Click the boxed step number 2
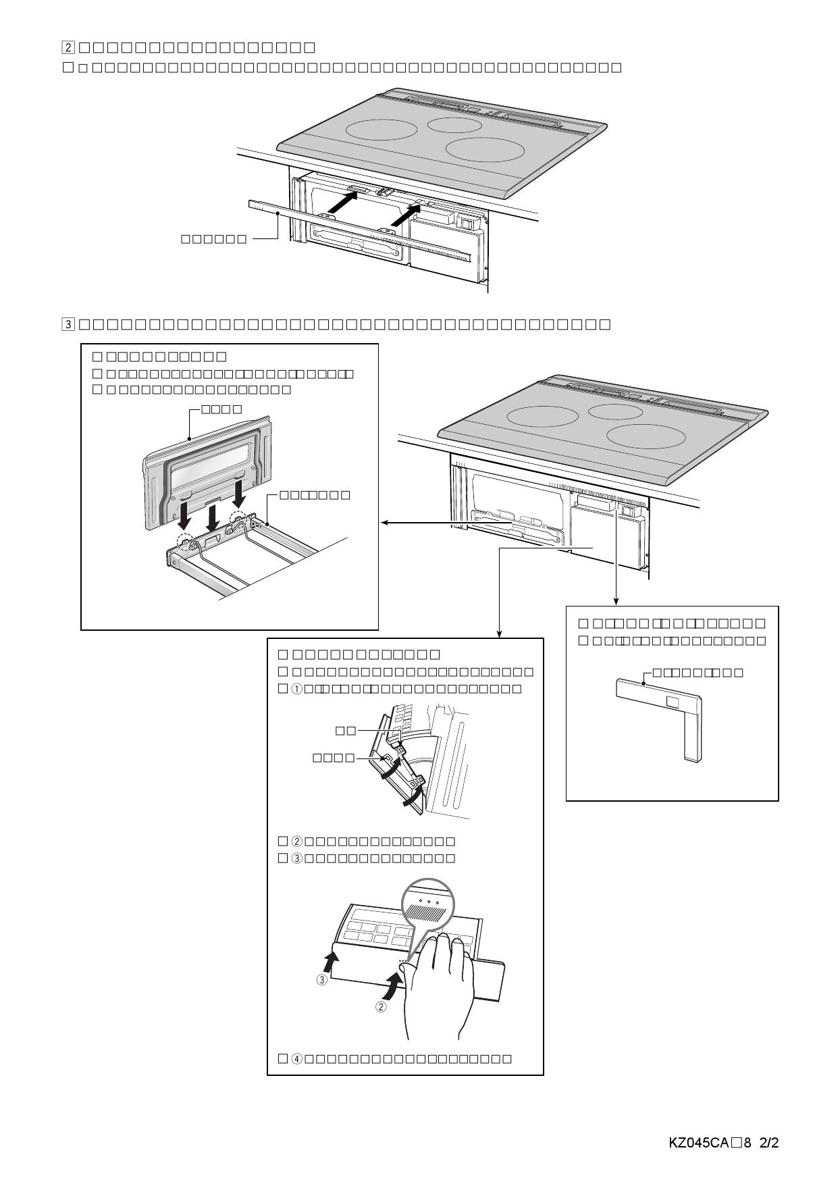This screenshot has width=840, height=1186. click(68, 47)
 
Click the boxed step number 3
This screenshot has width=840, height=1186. click(68, 324)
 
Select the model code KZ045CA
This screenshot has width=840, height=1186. click(698, 1143)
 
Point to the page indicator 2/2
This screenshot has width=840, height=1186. click(769, 1143)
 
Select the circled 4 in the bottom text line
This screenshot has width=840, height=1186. click(297, 1058)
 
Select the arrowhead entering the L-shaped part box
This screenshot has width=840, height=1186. click(616, 601)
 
